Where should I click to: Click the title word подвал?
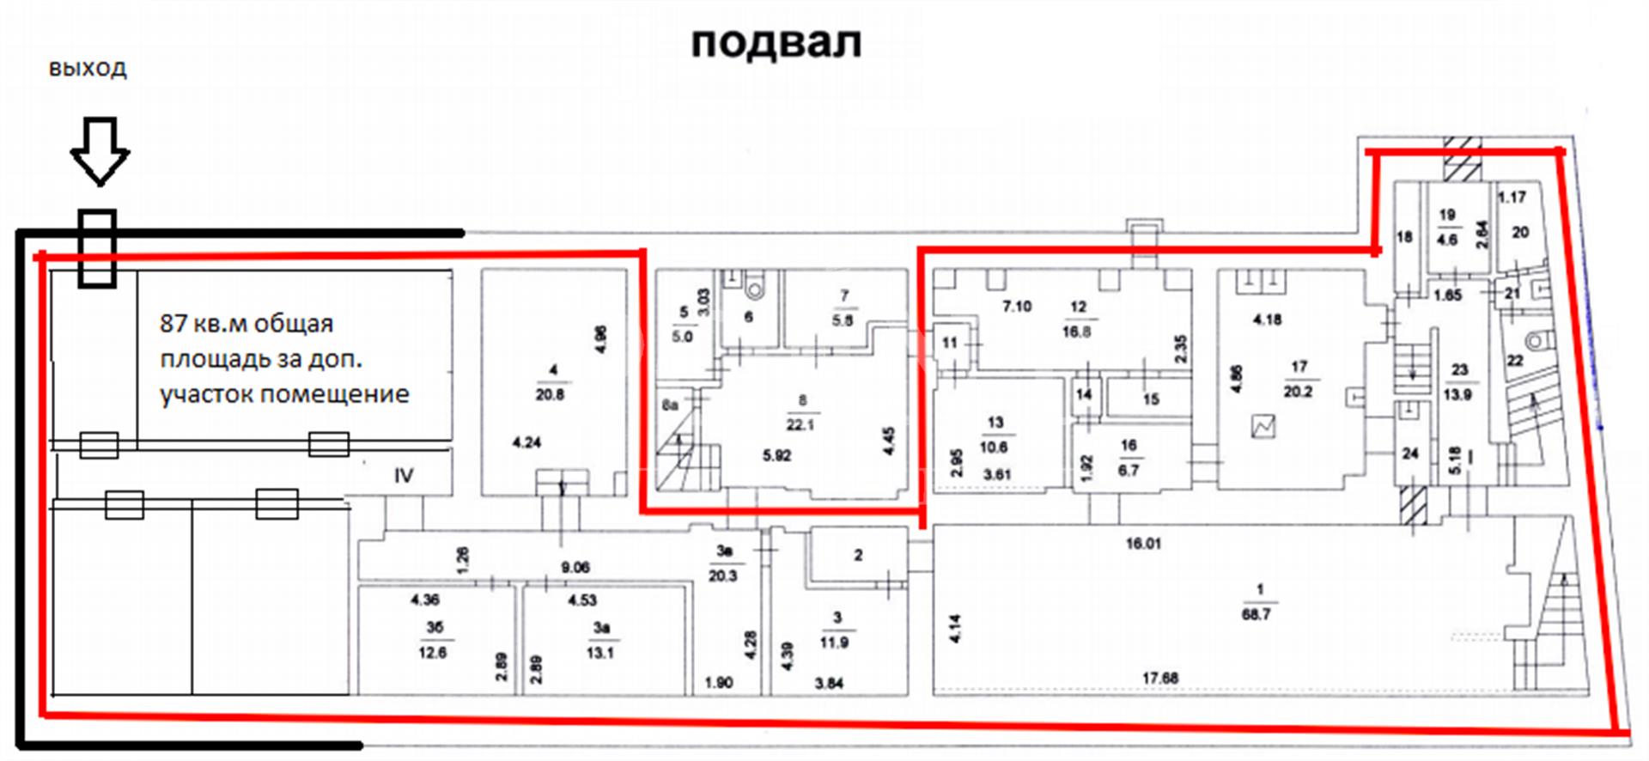[776, 43]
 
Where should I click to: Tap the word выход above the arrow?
[88, 69]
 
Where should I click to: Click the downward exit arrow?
[100, 151]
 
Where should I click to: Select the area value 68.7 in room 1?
[1256, 615]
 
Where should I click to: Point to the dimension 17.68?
[1159, 679]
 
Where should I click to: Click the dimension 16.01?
[1143, 544]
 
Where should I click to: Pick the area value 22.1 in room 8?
[800, 424]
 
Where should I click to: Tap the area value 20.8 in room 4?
[550, 395]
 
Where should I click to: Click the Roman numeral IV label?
[404, 475]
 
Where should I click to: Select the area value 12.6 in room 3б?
[432, 653]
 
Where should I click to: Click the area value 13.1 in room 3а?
[599, 653]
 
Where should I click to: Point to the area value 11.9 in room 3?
[834, 642]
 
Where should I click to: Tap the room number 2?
[858, 556]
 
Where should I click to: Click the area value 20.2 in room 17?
[1297, 392]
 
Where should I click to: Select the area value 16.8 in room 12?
[1077, 332]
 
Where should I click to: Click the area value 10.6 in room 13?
[994, 447]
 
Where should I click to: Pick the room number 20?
[1520, 232]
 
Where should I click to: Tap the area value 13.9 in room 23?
[1457, 394]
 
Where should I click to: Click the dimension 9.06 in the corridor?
[575, 567]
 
